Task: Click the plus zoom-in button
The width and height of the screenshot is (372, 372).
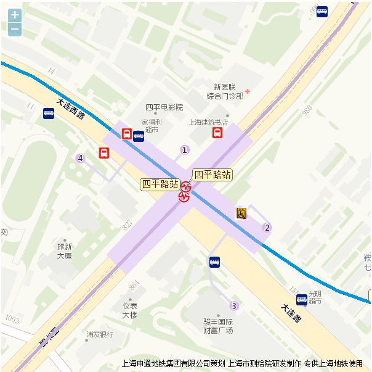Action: (x=15, y=15)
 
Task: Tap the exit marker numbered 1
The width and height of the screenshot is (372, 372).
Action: (x=184, y=150)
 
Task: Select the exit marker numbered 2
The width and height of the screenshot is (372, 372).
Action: (x=267, y=228)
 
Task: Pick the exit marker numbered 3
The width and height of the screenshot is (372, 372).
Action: (x=233, y=306)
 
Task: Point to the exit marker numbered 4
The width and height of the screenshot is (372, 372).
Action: (x=80, y=158)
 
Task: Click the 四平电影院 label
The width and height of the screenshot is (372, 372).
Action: (x=164, y=107)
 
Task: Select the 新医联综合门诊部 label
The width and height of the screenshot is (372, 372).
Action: (x=225, y=91)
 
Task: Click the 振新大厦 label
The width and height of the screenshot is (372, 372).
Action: (x=65, y=250)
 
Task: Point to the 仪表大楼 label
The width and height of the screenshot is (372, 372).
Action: (x=129, y=310)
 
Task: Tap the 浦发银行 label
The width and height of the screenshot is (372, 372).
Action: (x=100, y=334)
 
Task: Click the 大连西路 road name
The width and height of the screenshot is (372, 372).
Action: (x=71, y=109)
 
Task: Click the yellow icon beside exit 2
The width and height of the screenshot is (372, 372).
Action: (x=241, y=213)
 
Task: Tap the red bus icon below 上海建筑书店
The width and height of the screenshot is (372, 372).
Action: (x=217, y=133)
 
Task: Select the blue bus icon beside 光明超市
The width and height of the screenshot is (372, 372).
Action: (x=301, y=300)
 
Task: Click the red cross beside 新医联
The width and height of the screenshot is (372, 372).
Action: (x=248, y=91)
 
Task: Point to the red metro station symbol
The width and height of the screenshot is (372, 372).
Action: (x=185, y=191)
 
